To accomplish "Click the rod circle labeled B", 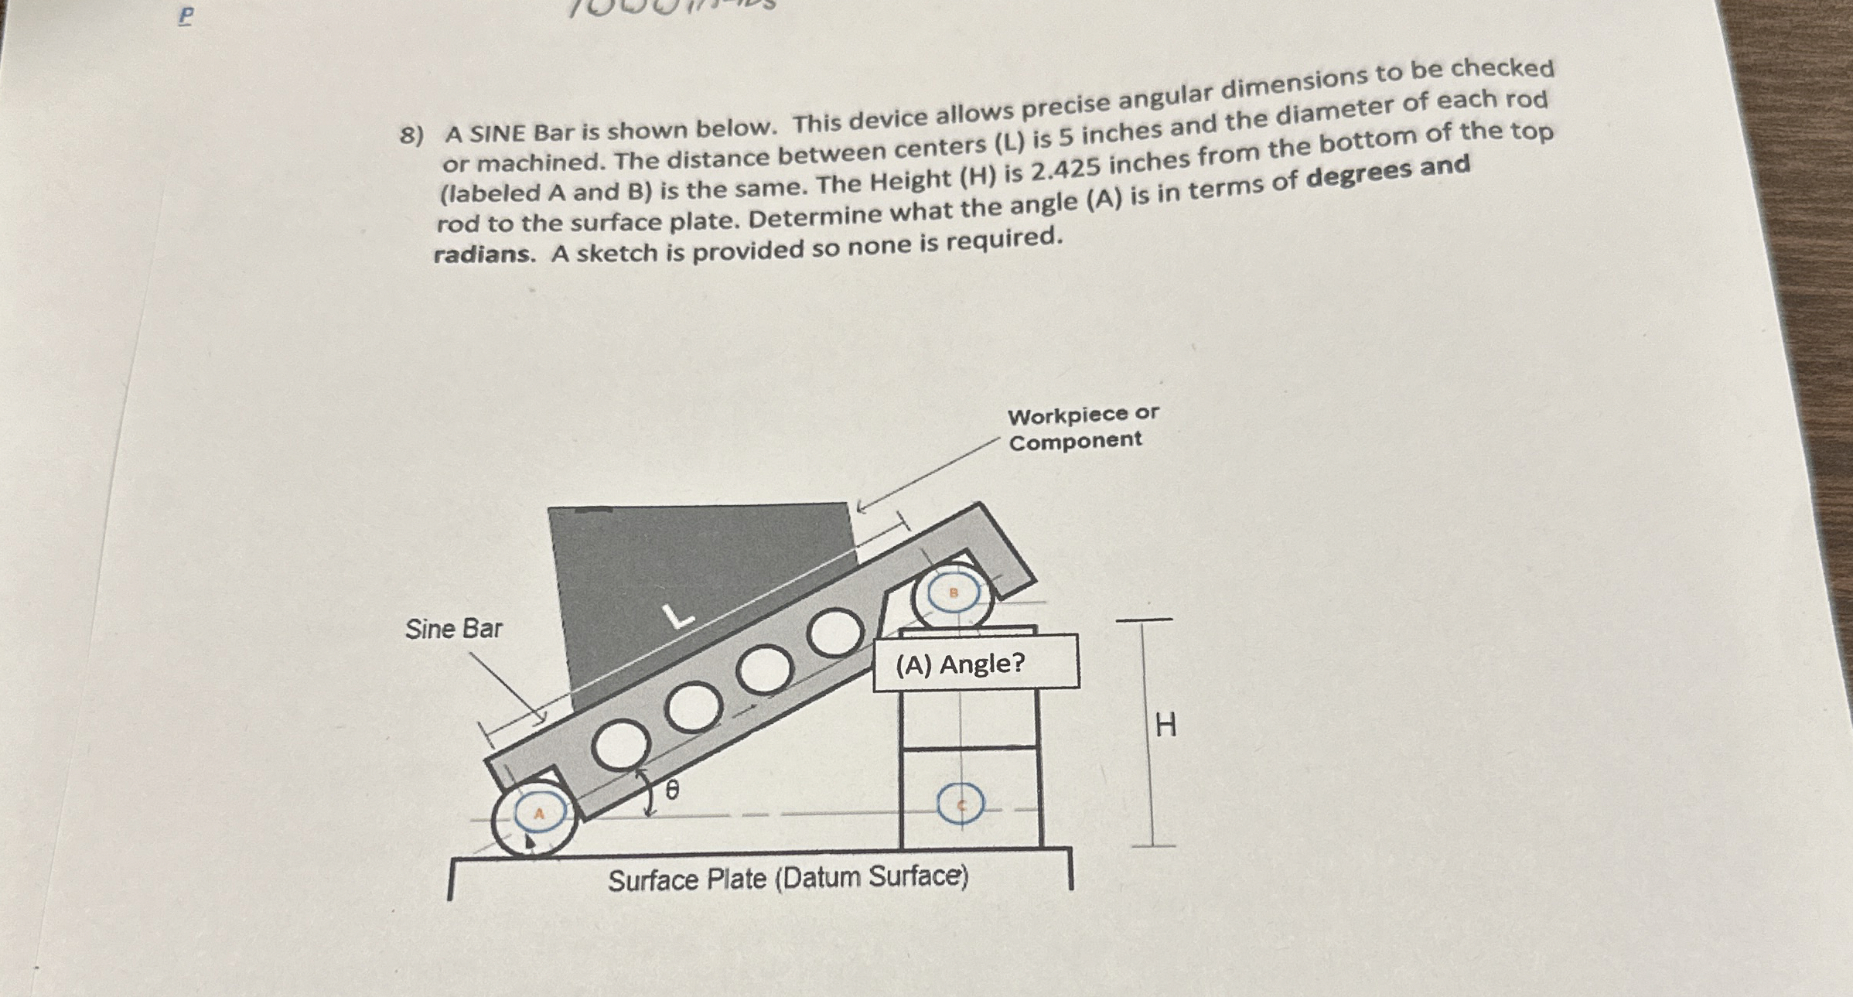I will (x=953, y=597).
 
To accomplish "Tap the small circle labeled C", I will (x=961, y=804).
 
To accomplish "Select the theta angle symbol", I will (x=673, y=790).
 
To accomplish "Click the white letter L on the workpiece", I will (x=678, y=616).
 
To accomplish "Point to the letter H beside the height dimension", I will (x=1165, y=726).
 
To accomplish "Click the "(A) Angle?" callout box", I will (x=976, y=663).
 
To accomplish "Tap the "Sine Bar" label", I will (x=453, y=629).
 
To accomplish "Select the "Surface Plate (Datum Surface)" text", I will (x=787, y=879).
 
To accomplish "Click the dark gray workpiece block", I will (x=696, y=588).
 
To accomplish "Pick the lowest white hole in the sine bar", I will (x=620, y=746).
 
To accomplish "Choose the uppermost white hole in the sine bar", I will (x=835, y=632).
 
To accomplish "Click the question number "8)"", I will (x=411, y=136).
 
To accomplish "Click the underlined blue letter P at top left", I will (x=186, y=16).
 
